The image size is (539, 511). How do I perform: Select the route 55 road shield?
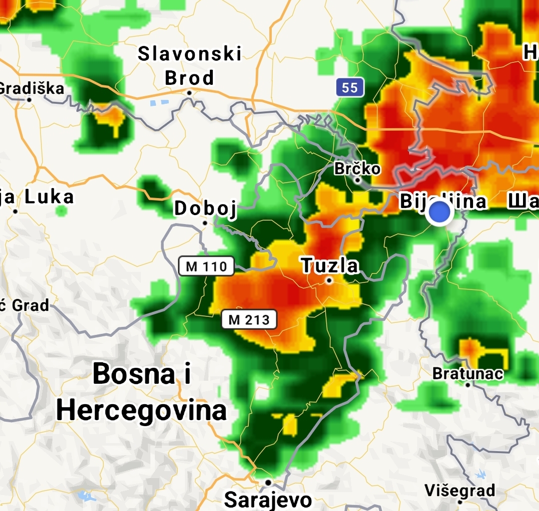click(350, 88)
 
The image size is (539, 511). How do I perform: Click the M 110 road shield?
click(206, 266)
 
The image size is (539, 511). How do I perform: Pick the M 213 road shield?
click(249, 319)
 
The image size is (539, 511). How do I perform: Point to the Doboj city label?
click(205, 208)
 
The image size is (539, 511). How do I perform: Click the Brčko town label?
click(357, 169)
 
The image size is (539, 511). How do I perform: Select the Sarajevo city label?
click(268, 499)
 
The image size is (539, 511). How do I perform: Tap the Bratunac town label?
click(468, 373)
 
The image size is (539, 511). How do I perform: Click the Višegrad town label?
click(460, 490)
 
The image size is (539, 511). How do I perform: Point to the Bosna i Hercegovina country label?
click(142, 392)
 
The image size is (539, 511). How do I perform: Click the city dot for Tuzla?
click(329, 280)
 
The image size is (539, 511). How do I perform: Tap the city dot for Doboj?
click(205, 223)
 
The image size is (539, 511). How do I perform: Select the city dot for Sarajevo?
click(268, 483)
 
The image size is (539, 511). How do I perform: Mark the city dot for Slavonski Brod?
click(190, 92)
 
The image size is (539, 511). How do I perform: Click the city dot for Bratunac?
click(468, 385)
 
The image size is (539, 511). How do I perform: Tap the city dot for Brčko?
click(358, 180)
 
